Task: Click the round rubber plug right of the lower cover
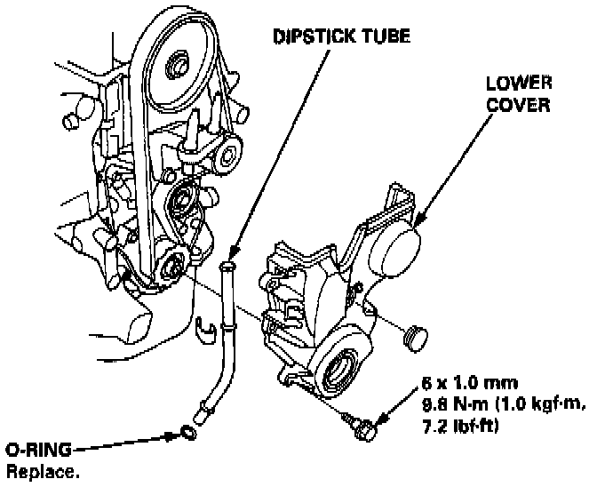coord(413,336)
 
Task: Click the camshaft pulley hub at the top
coord(176,65)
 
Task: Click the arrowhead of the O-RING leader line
coord(174,435)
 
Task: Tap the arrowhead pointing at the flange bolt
coord(379,418)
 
